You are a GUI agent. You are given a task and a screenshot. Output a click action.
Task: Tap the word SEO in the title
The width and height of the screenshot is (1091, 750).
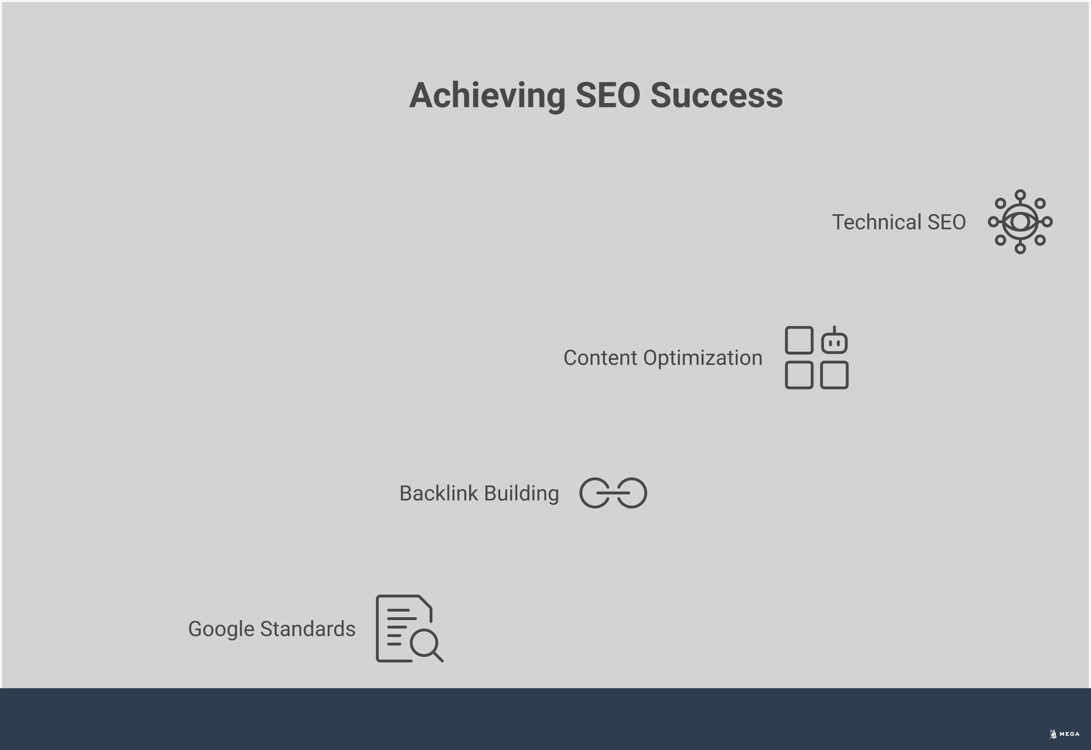[607, 95]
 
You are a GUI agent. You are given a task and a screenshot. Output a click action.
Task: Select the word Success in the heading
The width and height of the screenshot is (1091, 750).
[716, 95]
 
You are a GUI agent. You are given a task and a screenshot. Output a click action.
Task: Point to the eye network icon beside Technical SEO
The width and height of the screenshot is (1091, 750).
[1020, 222]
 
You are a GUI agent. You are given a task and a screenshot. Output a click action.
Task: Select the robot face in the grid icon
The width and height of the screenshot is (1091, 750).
[835, 342]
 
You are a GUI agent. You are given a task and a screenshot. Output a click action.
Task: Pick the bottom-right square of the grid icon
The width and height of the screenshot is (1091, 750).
[835, 375]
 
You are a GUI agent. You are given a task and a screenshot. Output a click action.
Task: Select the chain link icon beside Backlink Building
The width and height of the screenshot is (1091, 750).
[613, 493]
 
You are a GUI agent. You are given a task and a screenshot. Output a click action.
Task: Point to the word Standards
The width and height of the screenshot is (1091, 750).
[308, 629]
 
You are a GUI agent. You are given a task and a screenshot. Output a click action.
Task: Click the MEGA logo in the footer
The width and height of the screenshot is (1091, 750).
[1064, 734]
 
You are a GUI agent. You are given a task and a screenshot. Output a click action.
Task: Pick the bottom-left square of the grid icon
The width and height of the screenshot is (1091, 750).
[799, 375]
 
